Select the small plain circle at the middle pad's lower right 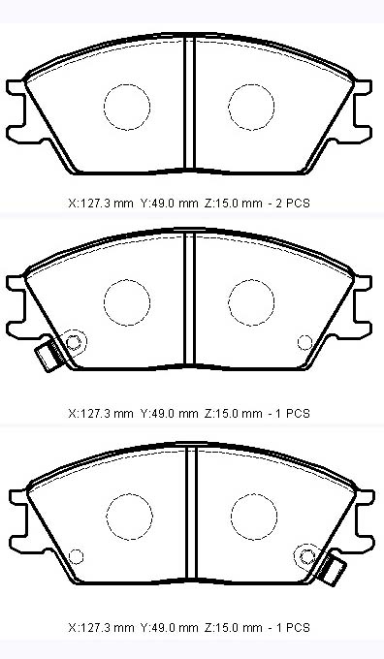pyautogui.click(x=304, y=342)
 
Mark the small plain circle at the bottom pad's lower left pyautogui.click(x=76, y=556)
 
